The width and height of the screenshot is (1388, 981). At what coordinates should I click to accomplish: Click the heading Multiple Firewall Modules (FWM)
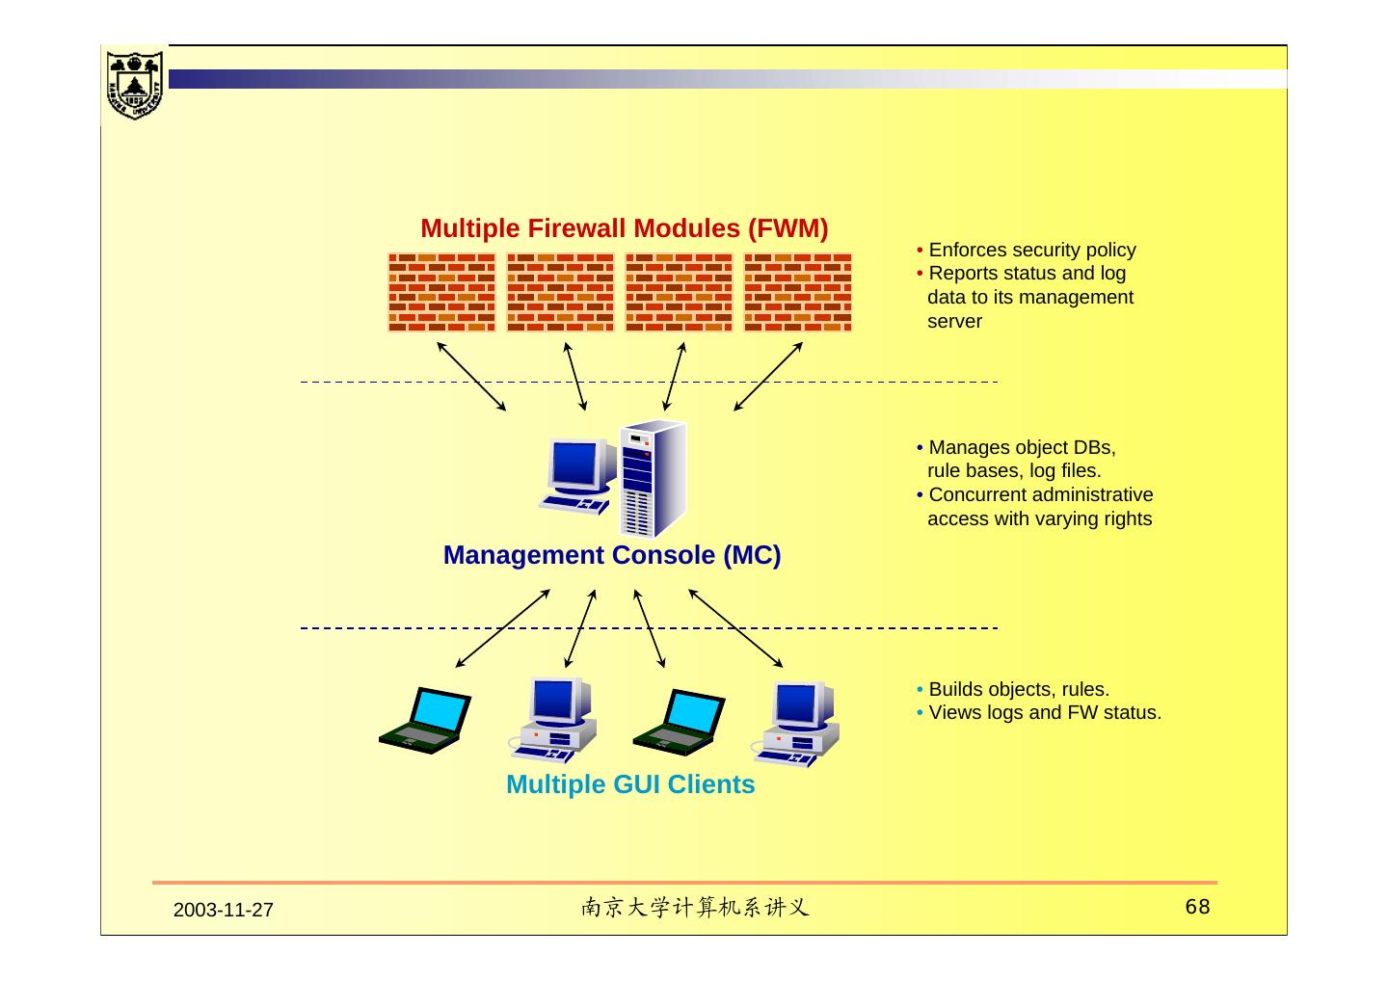(624, 228)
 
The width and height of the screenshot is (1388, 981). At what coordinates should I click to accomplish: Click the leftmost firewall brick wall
(441, 292)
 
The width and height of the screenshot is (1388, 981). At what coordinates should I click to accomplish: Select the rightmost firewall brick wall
(797, 292)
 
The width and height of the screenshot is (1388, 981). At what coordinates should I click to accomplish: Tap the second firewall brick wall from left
(560, 292)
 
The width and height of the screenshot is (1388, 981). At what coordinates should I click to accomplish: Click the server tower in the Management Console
(653, 479)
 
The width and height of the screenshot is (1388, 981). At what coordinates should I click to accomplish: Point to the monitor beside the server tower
(580, 469)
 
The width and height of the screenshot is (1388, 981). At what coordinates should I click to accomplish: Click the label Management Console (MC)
(611, 556)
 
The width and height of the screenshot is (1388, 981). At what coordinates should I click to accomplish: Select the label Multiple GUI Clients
(630, 785)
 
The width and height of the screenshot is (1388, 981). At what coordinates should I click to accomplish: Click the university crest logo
(134, 84)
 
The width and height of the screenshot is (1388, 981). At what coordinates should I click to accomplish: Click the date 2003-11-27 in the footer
(224, 911)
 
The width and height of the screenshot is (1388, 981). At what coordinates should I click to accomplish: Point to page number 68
(1197, 907)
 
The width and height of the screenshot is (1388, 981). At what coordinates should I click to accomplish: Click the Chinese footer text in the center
(694, 908)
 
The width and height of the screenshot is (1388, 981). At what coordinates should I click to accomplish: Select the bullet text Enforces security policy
(1031, 251)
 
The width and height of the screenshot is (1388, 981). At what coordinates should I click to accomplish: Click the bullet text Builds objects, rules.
(1019, 690)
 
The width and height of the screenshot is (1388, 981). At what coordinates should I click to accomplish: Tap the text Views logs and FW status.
(1044, 713)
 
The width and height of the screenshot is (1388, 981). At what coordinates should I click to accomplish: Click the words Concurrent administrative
(1040, 495)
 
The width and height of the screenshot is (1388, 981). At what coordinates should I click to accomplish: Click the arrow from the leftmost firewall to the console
(471, 377)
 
